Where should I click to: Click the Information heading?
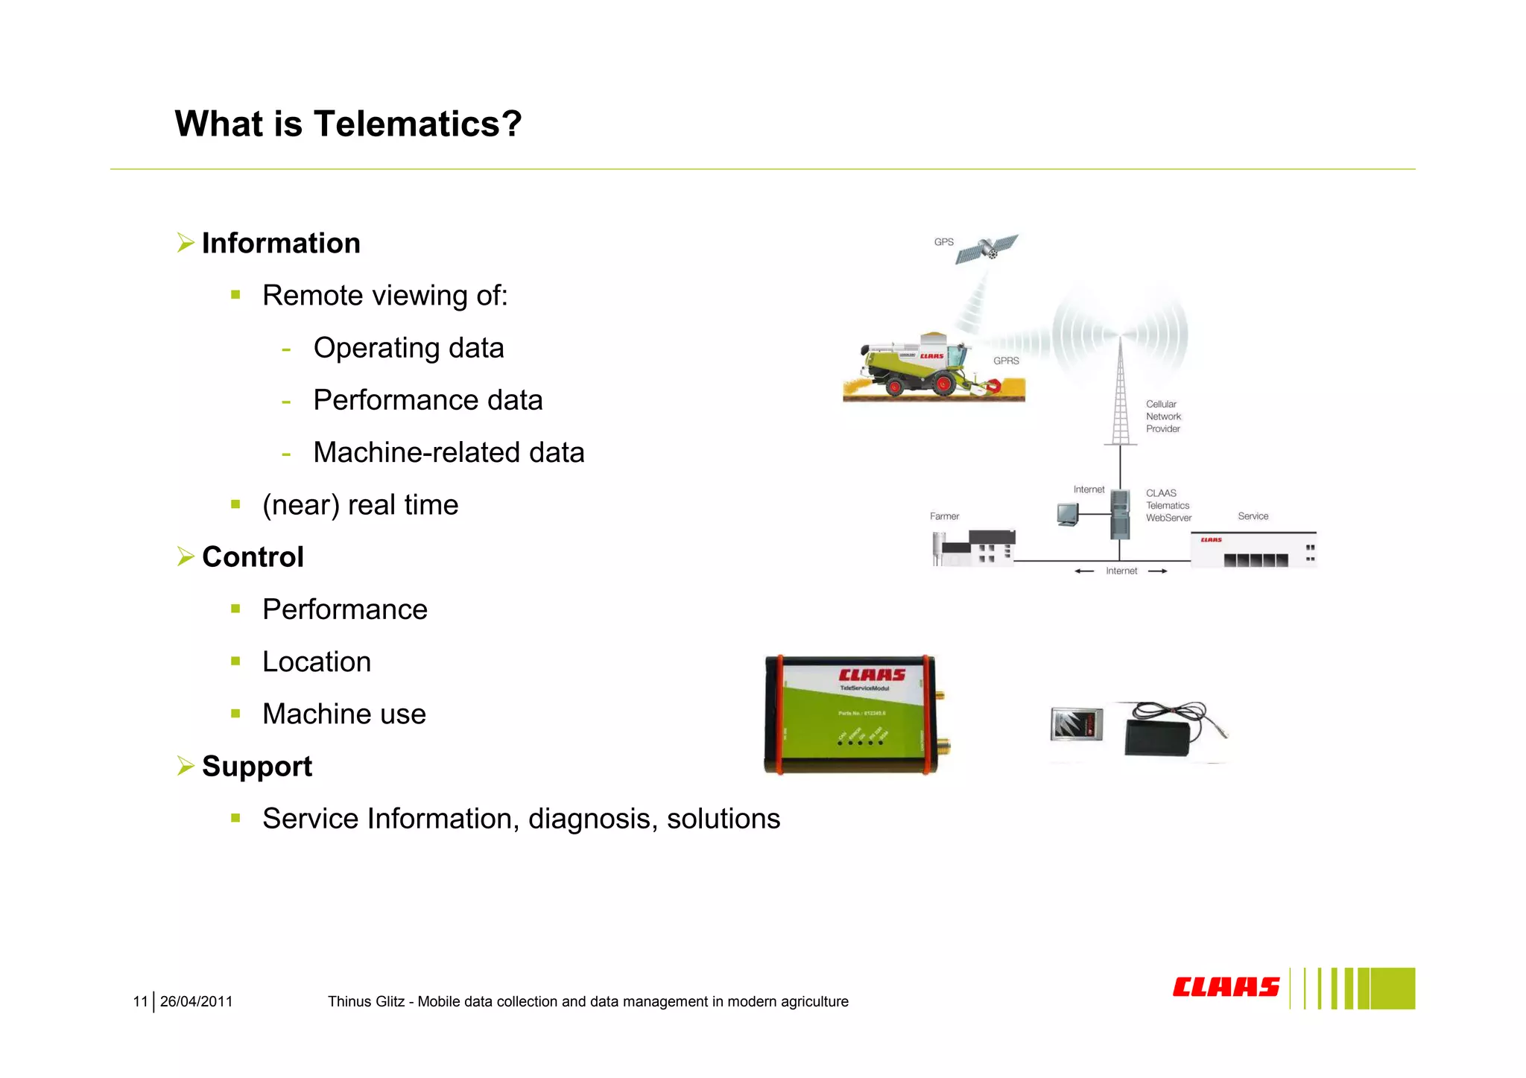(x=281, y=244)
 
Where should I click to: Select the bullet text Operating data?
(x=408, y=348)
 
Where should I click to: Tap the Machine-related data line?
(x=449, y=452)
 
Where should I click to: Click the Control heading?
(x=253, y=557)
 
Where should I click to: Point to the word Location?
(x=317, y=662)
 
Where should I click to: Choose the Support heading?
(x=257, y=767)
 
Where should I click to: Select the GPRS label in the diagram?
(x=1006, y=361)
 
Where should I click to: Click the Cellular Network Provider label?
(x=1163, y=416)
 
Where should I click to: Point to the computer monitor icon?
(x=1068, y=514)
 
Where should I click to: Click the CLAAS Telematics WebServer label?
(x=1168, y=506)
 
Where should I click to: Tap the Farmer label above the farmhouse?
(x=944, y=516)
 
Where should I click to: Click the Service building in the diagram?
(x=1253, y=551)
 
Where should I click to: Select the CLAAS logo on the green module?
(x=872, y=675)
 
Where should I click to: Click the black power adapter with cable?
(x=1159, y=735)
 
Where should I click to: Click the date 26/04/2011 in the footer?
(x=196, y=1002)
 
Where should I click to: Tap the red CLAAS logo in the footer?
(x=1226, y=987)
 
